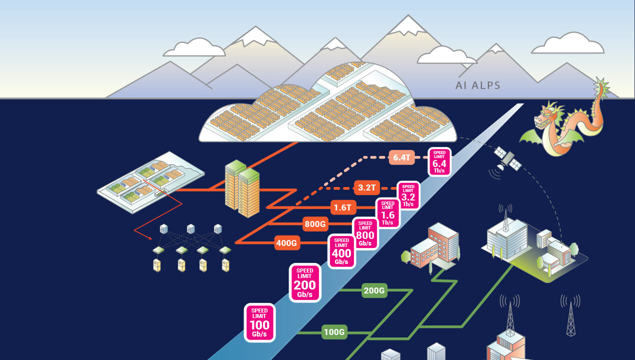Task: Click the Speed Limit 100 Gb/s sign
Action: point(259,323)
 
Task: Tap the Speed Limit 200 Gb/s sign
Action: point(304,282)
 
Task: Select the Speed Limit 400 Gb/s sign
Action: point(341,251)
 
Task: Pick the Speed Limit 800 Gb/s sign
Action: point(365,233)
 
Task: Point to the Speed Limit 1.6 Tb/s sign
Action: point(387,213)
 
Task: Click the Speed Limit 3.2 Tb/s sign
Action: point(408,195)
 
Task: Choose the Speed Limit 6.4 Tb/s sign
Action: point(439,161)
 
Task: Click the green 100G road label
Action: point(334,331)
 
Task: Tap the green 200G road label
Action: point(374,290)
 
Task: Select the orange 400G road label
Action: point(287,243)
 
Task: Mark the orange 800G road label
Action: point(315,223)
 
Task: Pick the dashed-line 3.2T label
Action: point(367,188)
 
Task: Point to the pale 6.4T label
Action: point(401,158)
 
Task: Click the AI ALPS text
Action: point(477,85)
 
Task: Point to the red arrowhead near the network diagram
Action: point(137,231)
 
